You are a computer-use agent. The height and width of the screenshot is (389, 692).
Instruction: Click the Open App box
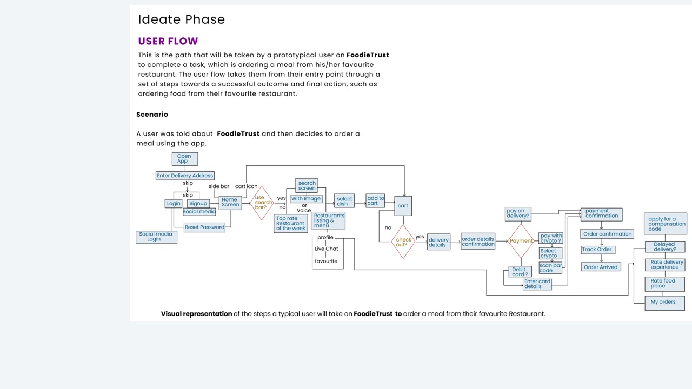184,159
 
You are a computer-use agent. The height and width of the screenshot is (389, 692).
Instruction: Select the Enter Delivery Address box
185,176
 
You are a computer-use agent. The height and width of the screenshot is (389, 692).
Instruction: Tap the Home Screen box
230,202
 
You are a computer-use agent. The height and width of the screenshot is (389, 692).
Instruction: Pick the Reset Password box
204,227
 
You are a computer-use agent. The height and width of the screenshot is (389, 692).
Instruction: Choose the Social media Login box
156,237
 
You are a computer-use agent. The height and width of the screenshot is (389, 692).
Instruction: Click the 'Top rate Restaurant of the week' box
291,224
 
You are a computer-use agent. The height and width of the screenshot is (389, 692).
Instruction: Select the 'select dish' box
344,201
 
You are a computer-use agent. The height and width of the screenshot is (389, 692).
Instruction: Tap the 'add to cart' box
375,200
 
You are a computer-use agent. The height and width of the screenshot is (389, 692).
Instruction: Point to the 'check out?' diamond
403,242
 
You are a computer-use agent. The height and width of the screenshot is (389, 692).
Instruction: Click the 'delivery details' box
438,242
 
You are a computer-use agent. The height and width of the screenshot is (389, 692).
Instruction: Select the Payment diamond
521,241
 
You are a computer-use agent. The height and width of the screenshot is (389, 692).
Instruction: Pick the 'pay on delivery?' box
518,213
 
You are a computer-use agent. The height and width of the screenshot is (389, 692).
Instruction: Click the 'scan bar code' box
550,268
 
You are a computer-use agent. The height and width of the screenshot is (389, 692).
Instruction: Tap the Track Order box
597,250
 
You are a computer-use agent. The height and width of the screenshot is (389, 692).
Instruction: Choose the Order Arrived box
601,267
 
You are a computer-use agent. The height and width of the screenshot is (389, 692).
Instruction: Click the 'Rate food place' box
664,284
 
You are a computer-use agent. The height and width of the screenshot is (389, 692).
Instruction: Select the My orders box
664,303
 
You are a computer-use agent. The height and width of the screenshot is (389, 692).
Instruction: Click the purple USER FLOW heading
168,41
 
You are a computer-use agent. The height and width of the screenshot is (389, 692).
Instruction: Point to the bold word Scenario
152,115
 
